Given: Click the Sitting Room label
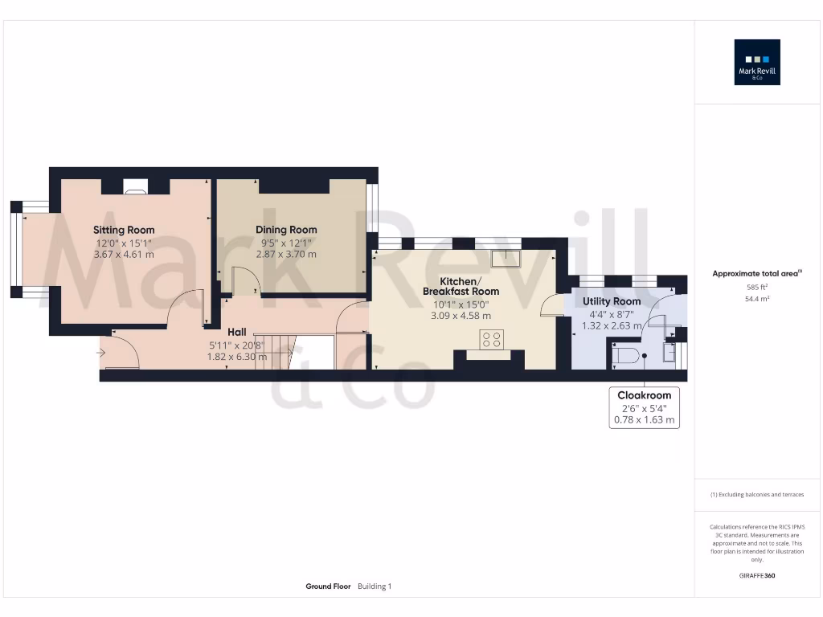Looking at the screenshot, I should pyautogui.click(x=124, y=231).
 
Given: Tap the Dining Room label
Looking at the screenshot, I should pyautogui.click(x=286, y=230).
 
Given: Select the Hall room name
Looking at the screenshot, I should pyautogui.click(x=237, y=331).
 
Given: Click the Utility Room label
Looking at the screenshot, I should pyautogui.click(x=612, y=301).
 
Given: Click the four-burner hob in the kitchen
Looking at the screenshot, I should pyautogui.click(x=492, y=340).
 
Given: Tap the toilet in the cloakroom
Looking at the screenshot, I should pyautogui.click(x=627, y=355).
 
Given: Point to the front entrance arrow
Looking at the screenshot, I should pyautogui.click(x=100, y=352).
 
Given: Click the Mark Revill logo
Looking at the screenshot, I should pyautogui.click(x=757, y=62).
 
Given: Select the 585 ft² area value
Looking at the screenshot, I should pyautogui.click(x=757, y=286).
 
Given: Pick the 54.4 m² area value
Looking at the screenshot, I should pyautogui.click(x=757, y=298).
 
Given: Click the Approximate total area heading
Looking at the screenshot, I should pyautogui.click(x=757, y=274).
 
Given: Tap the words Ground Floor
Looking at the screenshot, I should pyautogui.click(x=328, y=586).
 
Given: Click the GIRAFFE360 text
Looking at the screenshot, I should pyautogui.click(x=757, y=575).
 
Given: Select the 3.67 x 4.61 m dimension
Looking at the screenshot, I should pyautogui.click(x=124, y=254).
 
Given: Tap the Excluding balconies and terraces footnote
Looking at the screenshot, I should pyautogui.click(x=757, y=495).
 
